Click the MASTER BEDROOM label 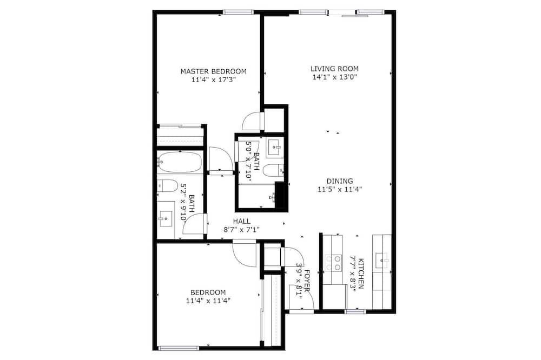point(214,71)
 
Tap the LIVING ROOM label point(334,69)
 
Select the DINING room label point(340,181)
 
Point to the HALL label point(241,221)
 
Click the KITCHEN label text point(360,274)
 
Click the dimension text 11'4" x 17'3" point(214,80)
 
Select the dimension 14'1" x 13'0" point(334,77)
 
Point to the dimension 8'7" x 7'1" point(241,229)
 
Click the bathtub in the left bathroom point(180,162)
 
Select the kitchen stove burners point(333,263)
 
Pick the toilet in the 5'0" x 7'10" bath point(273,170)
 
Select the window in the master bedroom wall point(239,12)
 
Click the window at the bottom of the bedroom point(179,348)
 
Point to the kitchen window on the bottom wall point(356,312)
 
